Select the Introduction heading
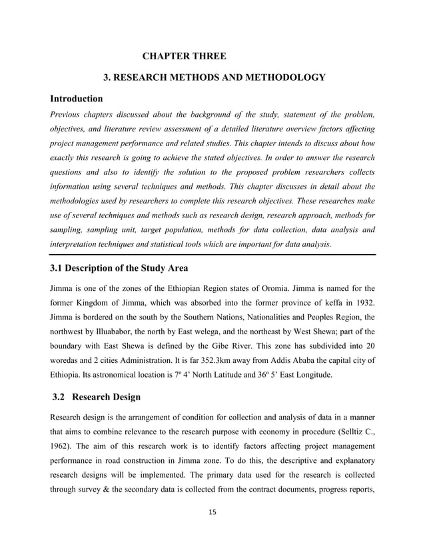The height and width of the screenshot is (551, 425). (79, 99)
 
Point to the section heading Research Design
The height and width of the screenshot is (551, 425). (107, 398)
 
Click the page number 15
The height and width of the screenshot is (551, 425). (212, 512)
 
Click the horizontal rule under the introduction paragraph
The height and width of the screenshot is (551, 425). (212, 254)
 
